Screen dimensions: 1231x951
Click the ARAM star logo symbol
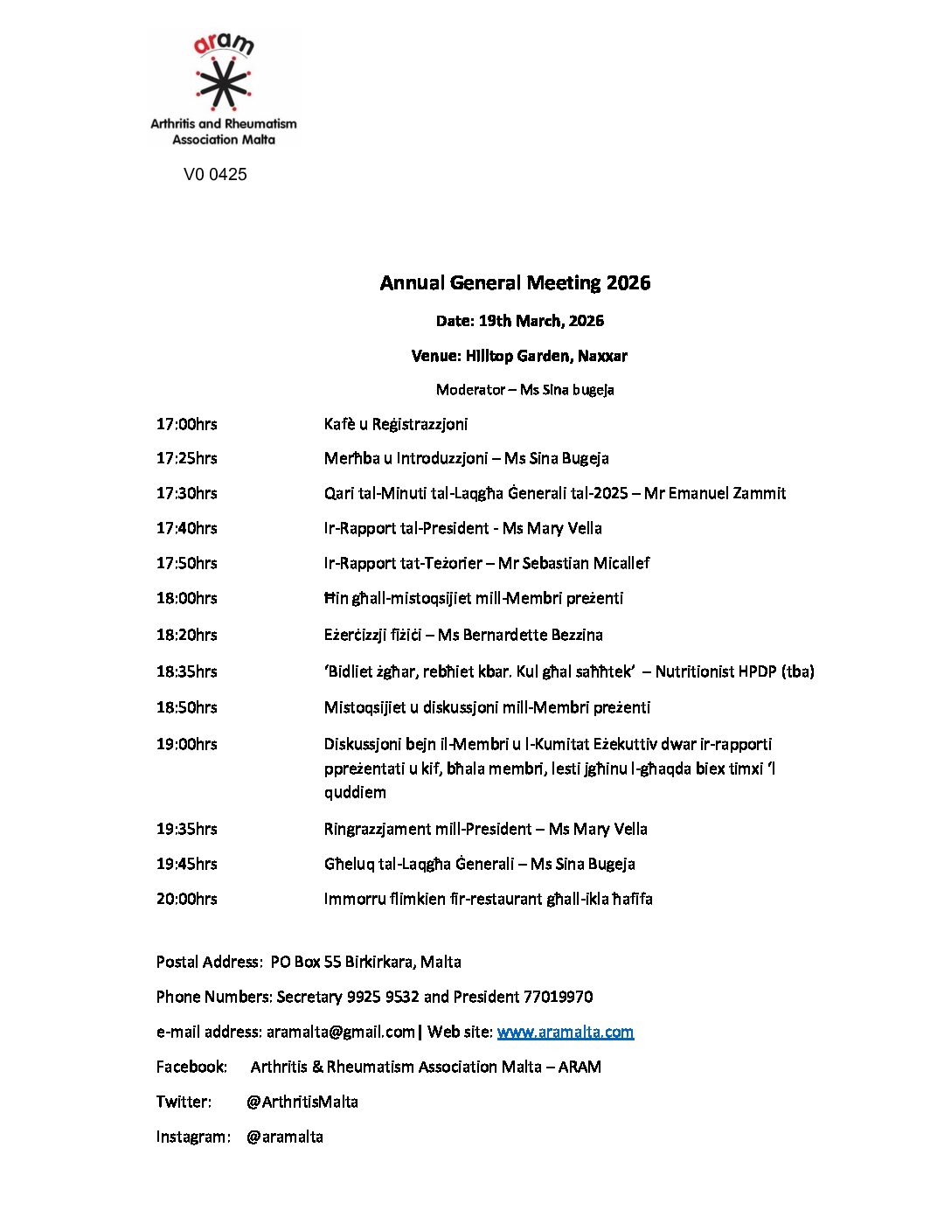click(224, 84)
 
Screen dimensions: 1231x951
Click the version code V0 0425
click(215, 174)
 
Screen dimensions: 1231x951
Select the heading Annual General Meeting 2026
click(515, 282)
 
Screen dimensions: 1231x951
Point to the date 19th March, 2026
click(541, 321)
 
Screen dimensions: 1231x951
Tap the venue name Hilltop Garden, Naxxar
click(546, 356)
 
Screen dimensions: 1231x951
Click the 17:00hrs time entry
click(187, 424)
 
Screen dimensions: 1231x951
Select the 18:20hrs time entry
click(187, 635)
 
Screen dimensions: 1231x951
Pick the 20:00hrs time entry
click(187, 899)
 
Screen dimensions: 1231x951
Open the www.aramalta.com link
click(566, 1032)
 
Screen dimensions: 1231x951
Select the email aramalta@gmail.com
click(341, 1032)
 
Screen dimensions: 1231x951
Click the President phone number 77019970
click(558, 997)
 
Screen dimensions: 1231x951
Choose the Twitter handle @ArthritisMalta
click(302, 1102)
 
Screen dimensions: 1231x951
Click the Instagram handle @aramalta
click(285, 1137)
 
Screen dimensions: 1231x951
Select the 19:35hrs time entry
click(187, 829)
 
